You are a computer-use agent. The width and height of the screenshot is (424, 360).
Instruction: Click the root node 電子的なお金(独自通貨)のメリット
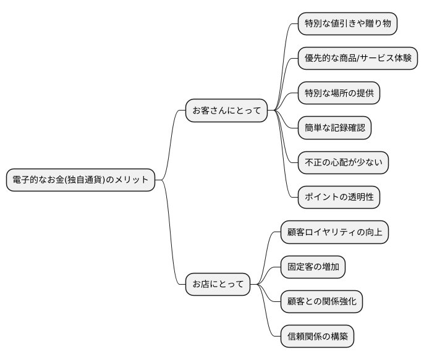pos(80,180)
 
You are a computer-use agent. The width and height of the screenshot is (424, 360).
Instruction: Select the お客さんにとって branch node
pos(227,111)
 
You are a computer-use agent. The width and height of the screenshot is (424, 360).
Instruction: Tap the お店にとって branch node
pos(218,285)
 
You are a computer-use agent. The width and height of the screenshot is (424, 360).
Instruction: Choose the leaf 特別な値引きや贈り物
pos(347,23)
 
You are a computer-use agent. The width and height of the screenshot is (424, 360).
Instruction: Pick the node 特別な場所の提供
pos(339,93)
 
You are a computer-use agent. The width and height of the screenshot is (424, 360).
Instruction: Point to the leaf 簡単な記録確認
pos(334,128)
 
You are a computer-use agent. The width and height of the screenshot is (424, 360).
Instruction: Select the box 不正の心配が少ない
pos(343,162)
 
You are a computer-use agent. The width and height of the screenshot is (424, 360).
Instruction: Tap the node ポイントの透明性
pos(339,197)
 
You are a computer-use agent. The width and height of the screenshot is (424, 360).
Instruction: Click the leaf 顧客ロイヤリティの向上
pos(334,232)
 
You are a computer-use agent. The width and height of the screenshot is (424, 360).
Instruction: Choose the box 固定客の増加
pos(313,267)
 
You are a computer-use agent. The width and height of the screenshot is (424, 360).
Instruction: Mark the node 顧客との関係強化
pos(321,302)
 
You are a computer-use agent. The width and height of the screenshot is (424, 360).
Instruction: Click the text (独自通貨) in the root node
pos(99,180)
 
